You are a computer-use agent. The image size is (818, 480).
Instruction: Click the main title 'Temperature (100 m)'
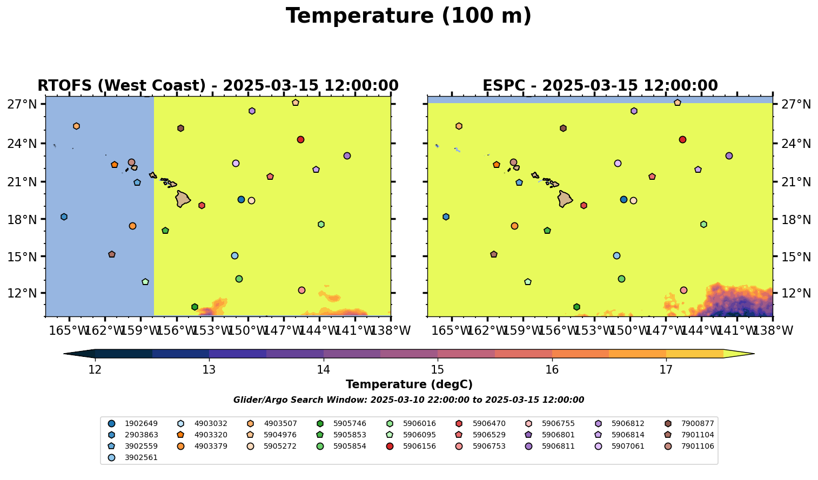pyautogui.click(x=408, y=16)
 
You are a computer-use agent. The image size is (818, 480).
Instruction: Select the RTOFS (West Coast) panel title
pyautogui.click(x=218, y=86)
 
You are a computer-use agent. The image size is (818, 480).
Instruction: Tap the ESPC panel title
pyautogui.click(x=600, y=86)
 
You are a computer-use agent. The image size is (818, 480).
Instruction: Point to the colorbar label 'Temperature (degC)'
pyautogui.click(x=409, y=384)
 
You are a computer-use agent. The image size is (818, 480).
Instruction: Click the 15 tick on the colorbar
pyautogui.click(x=438, y=370)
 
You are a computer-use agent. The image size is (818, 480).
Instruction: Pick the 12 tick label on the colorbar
pyautogui.click(x=95, y=370)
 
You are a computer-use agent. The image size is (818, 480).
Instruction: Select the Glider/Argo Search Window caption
pyautogui.click(x=408, y=400)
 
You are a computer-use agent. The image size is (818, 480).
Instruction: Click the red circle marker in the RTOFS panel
pyautogui.click(x=300, y=139)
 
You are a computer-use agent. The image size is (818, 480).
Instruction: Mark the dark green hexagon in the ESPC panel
pyautogui.click(x=576, y=307)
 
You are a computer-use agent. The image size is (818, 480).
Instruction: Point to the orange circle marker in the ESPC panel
pyautogui.click(x=514, y=226)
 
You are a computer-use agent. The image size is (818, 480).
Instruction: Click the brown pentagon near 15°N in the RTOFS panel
pyautogui.click(x=112, y=254)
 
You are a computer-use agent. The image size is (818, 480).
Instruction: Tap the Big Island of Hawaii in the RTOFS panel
pyautogui.click(x=183, y=199)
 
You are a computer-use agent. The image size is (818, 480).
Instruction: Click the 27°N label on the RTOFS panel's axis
pyautogui.click(x=22, y=104)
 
